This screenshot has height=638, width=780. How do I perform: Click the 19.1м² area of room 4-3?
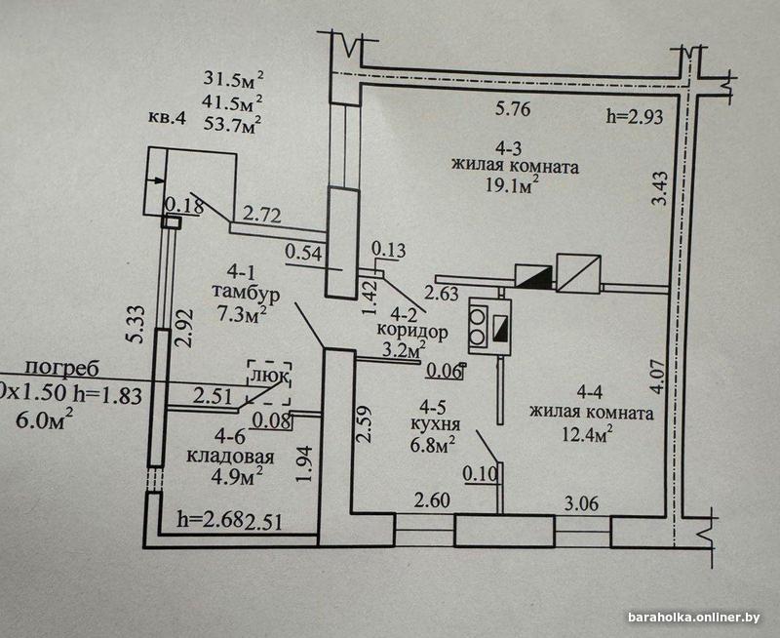point(514,186)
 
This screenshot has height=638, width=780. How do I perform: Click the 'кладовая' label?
point(232,456)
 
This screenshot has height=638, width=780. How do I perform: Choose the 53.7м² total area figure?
point(232,123)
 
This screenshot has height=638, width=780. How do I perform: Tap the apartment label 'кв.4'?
point(167,118)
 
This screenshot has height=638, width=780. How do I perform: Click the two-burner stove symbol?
point(480,323)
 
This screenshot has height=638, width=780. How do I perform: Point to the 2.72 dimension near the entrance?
point(261,212)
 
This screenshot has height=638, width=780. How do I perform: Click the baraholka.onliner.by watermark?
point(693,618)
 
